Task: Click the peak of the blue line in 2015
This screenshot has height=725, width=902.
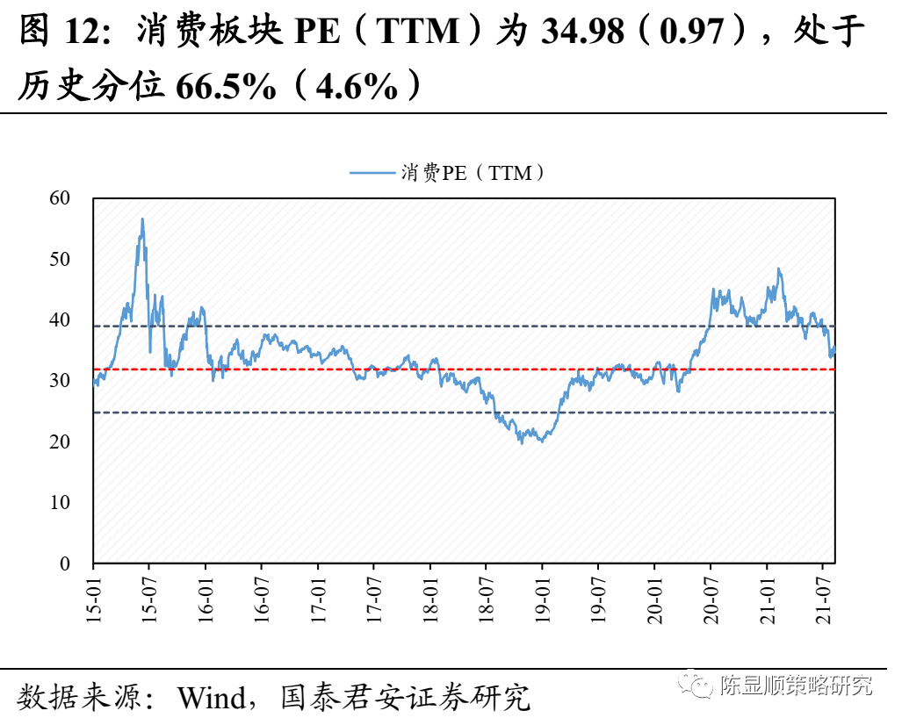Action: coord(142,219)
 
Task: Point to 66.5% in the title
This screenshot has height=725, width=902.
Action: coord(226,85)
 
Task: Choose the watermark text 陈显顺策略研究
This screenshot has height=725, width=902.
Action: coord(796,686)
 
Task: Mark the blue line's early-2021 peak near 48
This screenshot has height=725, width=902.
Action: coord(778,269)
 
